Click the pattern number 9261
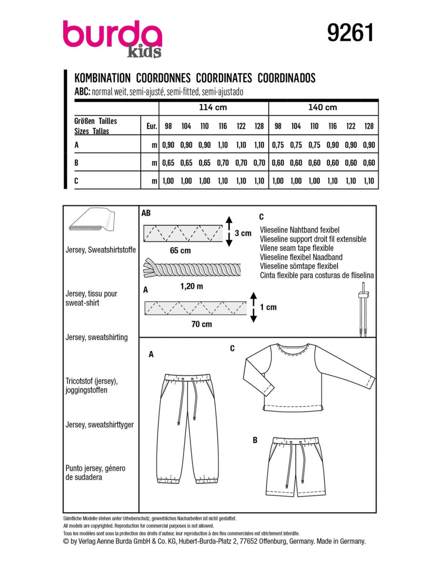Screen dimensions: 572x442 [350, 33]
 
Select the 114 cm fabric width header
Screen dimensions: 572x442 [213, 107]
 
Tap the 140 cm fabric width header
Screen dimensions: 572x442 [323, 107]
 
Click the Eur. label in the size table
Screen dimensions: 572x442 [151, 126]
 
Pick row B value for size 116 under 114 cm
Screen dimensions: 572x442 [223, 163]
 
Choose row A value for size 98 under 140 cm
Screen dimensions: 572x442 [278, 145]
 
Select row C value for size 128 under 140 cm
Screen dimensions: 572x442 [369, 181]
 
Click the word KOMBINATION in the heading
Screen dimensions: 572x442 [102, 78]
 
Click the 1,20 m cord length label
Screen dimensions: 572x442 [192, 286]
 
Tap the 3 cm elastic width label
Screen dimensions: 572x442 [243, 233]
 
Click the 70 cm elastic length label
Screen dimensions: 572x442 [202, 324]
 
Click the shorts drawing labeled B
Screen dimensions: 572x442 [295, 467]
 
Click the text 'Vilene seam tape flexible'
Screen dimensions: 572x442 [297, 248]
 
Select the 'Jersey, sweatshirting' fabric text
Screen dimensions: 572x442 [96, 337]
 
